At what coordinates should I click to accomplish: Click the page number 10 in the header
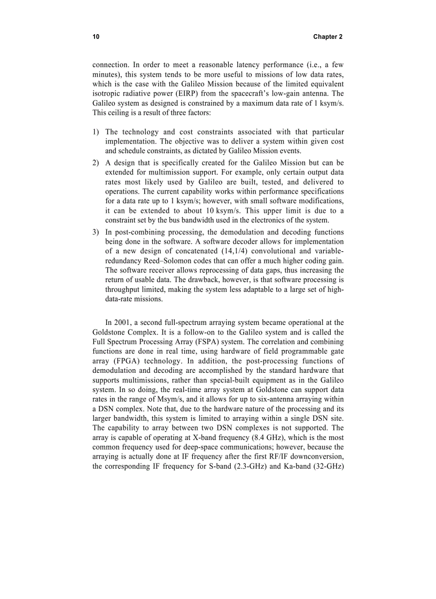pos(96,37)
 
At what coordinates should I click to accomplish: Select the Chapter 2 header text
pos(328,37)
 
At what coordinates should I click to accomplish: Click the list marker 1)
pos(96,132)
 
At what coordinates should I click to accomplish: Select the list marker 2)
pos(96,162)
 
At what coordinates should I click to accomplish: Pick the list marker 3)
pos(96,232)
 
